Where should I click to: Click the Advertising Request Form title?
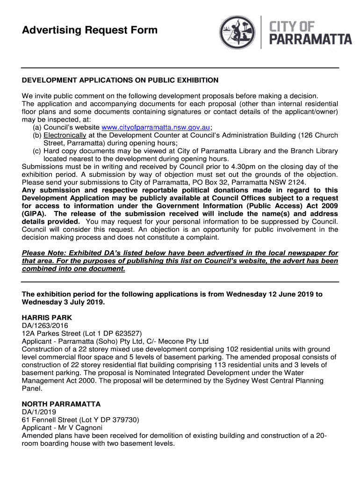pos(90,31)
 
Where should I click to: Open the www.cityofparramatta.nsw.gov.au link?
pos(156,127)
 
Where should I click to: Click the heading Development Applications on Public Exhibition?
pos(120,80)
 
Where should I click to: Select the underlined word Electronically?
pos(65,135)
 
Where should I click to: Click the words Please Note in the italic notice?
pos(43,254)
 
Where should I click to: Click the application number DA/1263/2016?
pos(45,326)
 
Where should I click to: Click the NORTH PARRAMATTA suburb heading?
pos(61,404)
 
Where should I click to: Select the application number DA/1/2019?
pos(39,412)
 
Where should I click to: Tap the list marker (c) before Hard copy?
pos(37,151)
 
